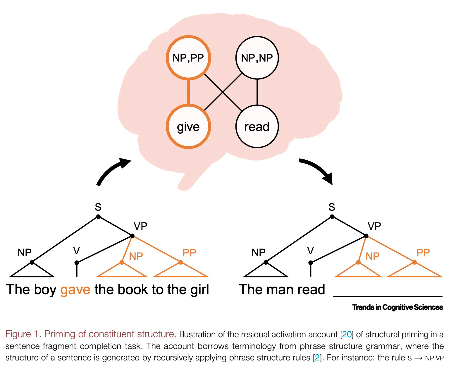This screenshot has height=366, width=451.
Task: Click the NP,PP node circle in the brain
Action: [x=188, y=58]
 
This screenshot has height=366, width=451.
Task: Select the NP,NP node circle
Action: [x=257, y=58]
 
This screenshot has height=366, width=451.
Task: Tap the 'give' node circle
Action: [x=188, y=127]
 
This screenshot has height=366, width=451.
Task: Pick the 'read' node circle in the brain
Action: [x=257, y=127]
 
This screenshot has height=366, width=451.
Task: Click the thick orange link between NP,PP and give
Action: [x=188, y=92]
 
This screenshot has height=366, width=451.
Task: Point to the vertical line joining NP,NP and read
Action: [x=257, y=92]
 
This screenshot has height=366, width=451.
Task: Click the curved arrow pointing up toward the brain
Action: [x=111, y=171]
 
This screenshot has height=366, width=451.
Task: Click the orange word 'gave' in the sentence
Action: [x=75, y=290]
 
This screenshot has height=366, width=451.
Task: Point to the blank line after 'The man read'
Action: [x=388, y=295]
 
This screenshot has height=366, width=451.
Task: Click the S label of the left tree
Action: [x=98, y=207]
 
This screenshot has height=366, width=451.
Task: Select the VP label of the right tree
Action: [x=374, y=226]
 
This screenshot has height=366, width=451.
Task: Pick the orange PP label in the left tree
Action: [x=189, y=253]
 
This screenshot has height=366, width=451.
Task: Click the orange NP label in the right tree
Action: [x=372, y=256]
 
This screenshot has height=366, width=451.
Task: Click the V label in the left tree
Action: [x=76, y=251]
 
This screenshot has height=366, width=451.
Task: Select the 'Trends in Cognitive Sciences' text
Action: [x=397, y=307]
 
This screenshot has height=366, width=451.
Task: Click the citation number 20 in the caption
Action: [x=347, y=334]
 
